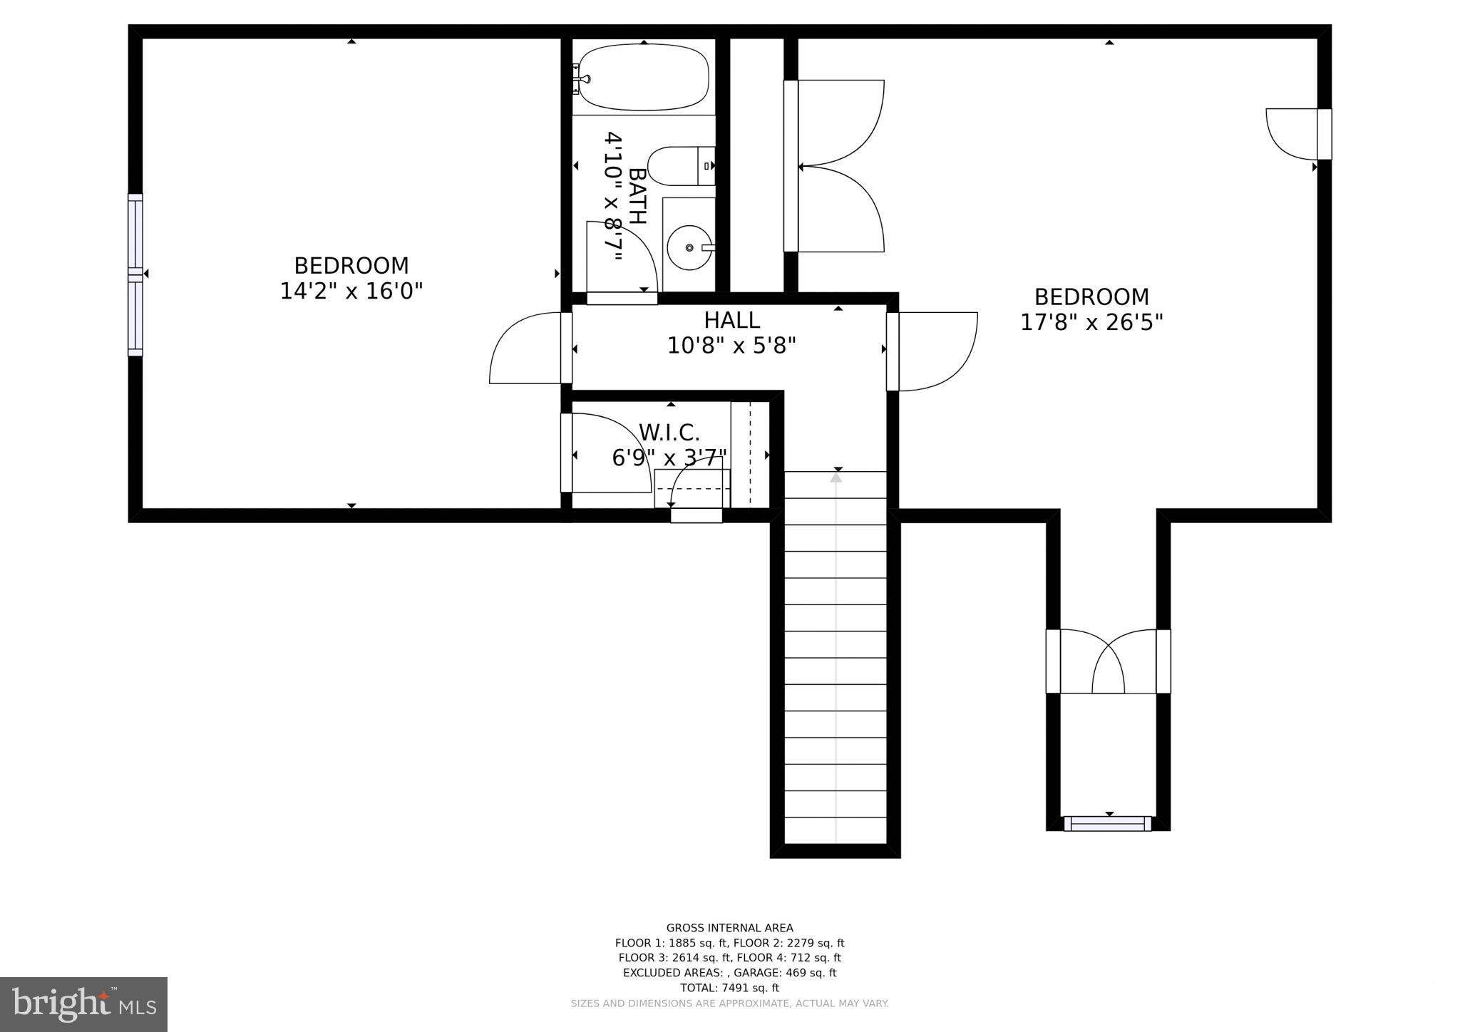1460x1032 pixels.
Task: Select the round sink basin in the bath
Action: (689, 247)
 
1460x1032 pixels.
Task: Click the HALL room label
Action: (731, 320)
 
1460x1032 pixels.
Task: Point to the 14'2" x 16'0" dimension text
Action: (351, 291)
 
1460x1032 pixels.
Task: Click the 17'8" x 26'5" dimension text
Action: (1091, 323)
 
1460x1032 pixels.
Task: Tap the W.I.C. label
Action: (669, 433)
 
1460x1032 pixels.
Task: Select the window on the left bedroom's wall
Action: (135, 274)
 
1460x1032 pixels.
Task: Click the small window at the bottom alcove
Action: (1107, 824)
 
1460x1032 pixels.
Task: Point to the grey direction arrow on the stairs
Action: (836, 478)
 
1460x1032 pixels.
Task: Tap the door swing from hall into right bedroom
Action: (935, 352)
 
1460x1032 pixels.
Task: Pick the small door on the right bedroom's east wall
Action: (1292, 134)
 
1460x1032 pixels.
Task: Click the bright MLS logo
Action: (83, 1004)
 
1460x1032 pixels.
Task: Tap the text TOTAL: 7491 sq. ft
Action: (729, 988)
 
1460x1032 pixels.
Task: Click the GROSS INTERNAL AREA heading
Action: (729, 928)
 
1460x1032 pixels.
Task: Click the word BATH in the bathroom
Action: (637, 196)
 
